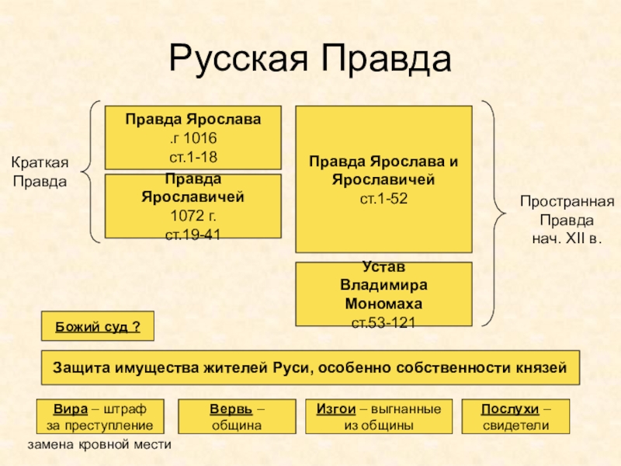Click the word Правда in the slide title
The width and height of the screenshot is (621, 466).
[386, 58]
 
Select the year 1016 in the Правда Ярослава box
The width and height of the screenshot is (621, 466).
[200, 138]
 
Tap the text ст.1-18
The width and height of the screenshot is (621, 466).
[193, 158]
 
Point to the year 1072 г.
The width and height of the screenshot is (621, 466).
[193, 216]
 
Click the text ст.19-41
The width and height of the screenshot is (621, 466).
[193, 235]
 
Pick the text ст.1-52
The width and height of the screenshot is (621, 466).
[383, 199]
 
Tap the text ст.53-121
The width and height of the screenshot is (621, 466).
[383, 323]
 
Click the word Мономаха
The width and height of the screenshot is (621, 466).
[383, 304]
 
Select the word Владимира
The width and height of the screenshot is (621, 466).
[383, 285]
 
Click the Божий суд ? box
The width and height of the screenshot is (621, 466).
[98, 326]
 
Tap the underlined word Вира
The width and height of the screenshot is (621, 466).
[71, 409]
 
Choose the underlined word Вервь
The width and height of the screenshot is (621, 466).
[231, 409]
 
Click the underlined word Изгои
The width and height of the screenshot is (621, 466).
[336, 409]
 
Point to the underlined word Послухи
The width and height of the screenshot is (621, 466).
[510, 409]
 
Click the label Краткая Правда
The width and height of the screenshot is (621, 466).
[40, 172]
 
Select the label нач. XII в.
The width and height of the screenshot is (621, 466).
[567, 239]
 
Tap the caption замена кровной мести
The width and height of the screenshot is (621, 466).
[99, 444]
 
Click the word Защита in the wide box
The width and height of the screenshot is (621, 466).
[82, 367]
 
